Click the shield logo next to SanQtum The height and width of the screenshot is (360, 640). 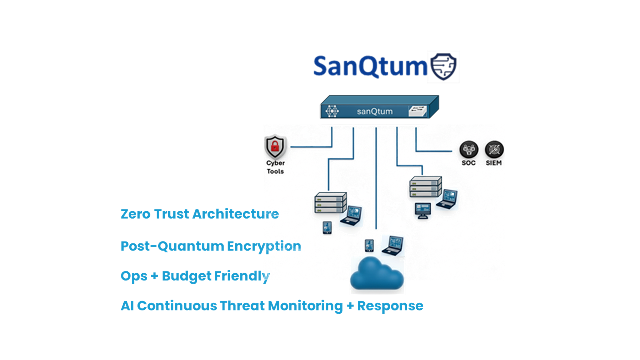[x=443, y=67]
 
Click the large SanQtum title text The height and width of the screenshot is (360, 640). [x=370, y=67]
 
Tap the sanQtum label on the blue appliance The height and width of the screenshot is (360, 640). [x=374, y=111]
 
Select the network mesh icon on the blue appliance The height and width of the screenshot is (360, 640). [x=332, y=111]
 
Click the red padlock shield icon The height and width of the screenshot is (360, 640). [x=275, y=147]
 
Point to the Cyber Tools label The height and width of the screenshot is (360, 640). [x=275, y=167]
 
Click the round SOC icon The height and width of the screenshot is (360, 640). [x=469, y=149]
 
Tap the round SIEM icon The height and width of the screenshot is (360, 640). [x=494, y=149]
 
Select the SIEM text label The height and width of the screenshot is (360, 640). [x=494, y=163]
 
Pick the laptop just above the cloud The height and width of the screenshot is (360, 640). [x=393, y=245]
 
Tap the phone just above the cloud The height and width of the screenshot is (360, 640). [x=369, y=245]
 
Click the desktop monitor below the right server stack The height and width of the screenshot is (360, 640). [x=423, y=210]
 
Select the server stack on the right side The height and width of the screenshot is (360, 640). [x=425, y=187]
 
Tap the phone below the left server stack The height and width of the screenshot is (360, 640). [x=327, y=227]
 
